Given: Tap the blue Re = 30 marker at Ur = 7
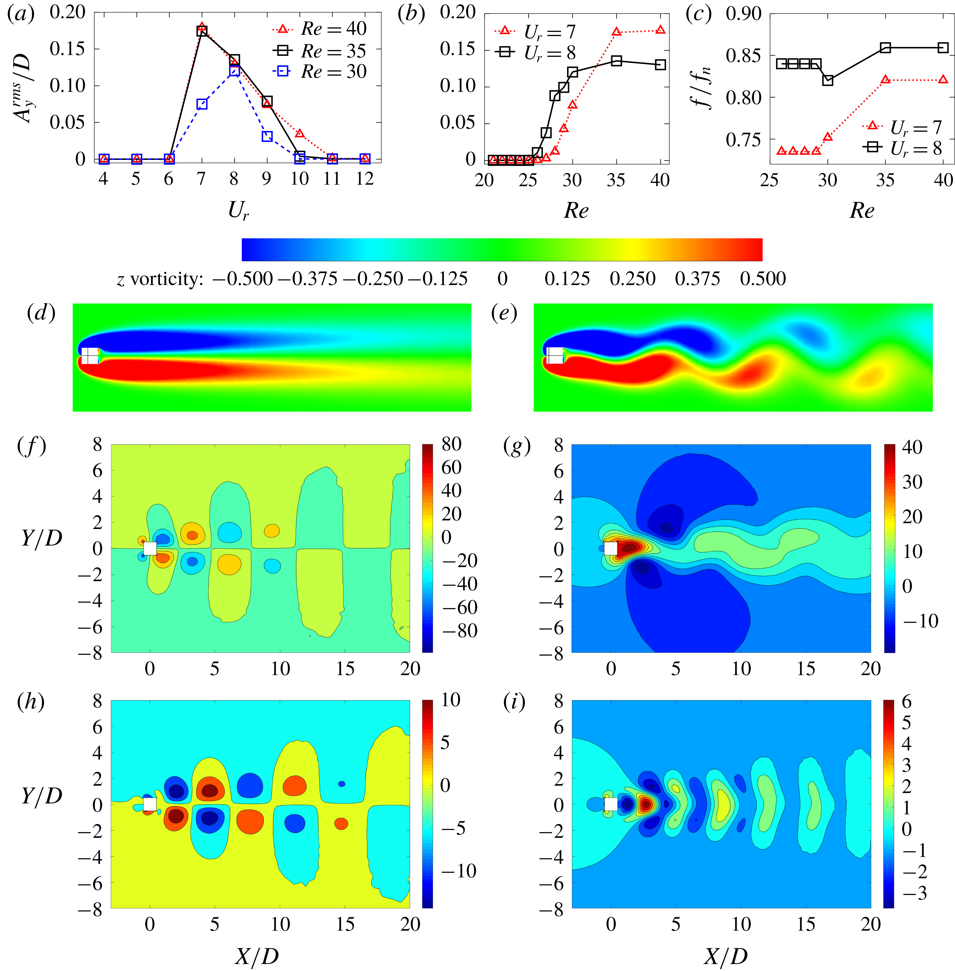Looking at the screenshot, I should (202, 104).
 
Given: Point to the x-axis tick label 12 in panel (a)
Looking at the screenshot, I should (365, 178).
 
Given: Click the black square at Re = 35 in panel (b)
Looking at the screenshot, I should (616, 61).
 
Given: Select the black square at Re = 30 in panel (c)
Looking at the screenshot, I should (828, 80).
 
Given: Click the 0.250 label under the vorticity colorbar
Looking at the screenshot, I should (632, 279).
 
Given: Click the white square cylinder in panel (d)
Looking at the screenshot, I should (90, 355).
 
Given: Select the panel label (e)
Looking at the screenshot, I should (503, 313).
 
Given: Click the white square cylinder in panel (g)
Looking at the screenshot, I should (610, 548).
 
